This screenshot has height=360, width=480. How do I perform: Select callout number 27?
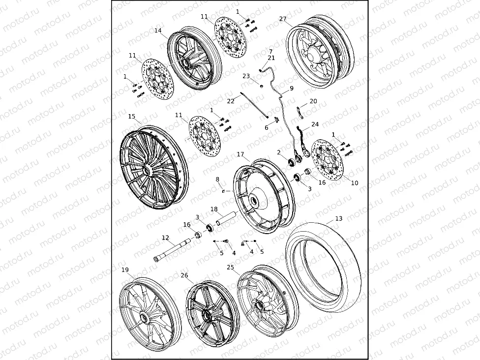283,19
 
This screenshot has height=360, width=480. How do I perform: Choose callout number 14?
158,30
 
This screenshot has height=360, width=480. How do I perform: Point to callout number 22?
231,101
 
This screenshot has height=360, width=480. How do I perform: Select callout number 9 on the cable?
291,89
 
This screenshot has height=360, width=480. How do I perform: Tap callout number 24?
315,124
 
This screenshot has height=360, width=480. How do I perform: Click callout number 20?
313,101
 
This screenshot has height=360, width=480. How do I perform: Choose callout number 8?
217,180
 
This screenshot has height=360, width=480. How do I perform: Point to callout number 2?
278,152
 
